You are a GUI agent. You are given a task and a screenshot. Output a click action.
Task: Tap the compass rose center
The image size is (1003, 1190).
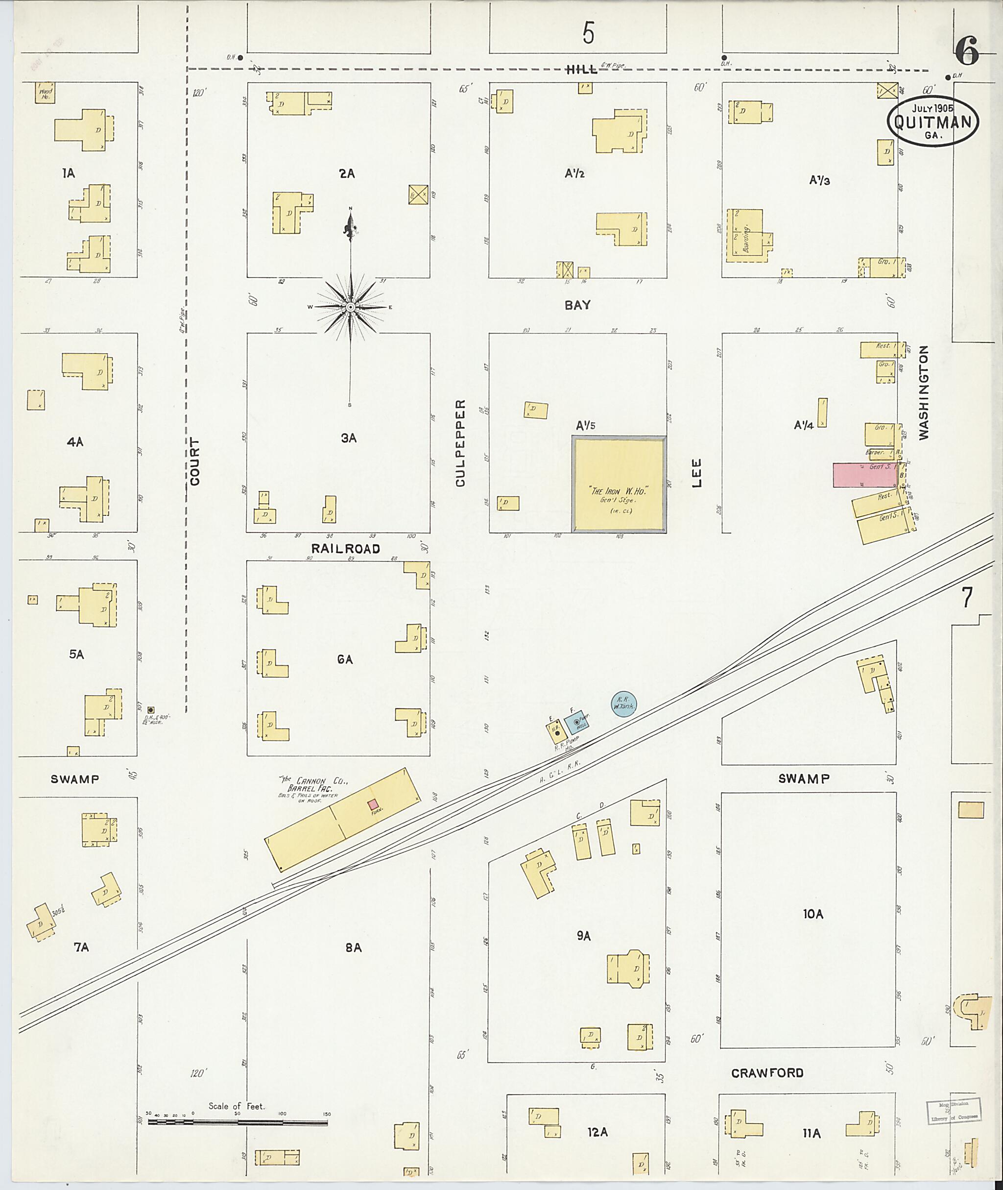pyautogui.click(x=351, y=307)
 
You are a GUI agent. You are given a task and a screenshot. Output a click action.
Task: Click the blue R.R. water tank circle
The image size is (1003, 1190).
pyautogui.click(x=624, y=704)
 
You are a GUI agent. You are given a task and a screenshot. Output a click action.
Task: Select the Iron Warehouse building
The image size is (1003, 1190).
pyautogui.click(x=619, y=485)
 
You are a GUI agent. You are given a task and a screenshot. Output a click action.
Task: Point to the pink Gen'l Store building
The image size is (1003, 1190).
pyautogui.click(x=865, y=475)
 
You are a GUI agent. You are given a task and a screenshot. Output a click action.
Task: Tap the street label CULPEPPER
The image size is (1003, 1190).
pyautogui.click(x=460, y=443)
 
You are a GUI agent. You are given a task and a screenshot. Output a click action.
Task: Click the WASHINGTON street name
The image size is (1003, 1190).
pyautogui.click(x=923, y=392)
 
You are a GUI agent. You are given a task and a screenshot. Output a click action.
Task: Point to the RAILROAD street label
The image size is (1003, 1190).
pyautogui.click(x=345, y=548)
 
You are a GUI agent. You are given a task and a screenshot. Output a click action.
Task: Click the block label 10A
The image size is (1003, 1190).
pyautogui.click(x=813, y=914)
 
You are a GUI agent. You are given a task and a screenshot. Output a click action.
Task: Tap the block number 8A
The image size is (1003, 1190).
pyautogui.click(x=353, y=947)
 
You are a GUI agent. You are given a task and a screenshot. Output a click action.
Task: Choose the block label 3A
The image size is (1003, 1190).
pyautogui.click(x=349, y=438)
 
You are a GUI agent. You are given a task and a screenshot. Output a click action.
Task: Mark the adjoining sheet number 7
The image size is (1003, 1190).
pyautogui.click(x=967, y=597)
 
